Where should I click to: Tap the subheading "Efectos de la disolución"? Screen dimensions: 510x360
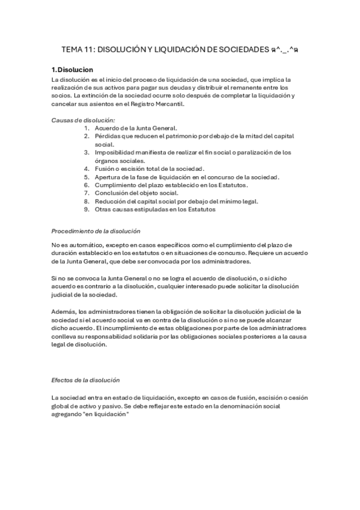click(x=86, y=380)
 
